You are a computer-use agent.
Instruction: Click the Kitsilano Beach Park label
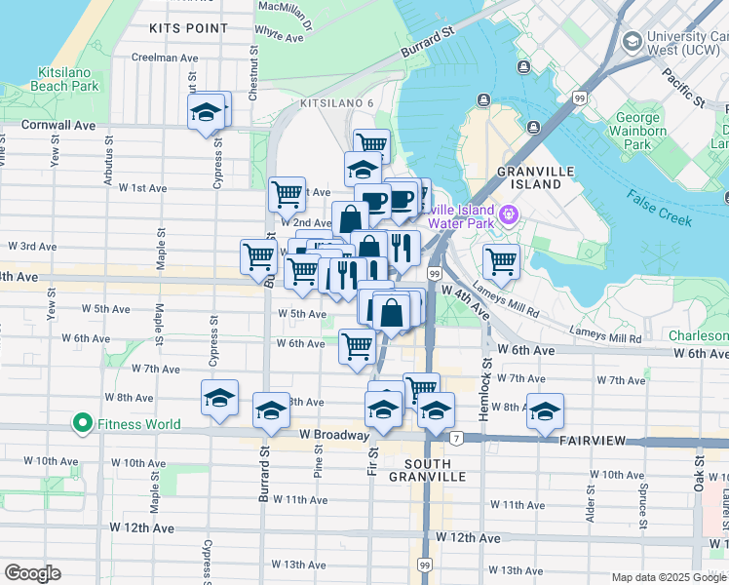[x=68, y=80]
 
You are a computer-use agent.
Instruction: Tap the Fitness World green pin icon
[x=83, y=424]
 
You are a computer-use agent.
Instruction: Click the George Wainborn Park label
[x=639, y=132]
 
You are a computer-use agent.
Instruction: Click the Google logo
[x=32, y=573]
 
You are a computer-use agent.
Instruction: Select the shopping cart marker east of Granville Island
[x=500, y=260]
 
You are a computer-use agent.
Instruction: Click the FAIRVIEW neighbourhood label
[x=592, y=441]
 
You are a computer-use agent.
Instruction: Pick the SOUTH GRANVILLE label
[x=427, y=470]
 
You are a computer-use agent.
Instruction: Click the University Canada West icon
[x=633, y=41]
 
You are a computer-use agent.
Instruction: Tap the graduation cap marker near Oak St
[x=545, y=410]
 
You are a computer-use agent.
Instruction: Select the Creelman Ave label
[x=167, y=58]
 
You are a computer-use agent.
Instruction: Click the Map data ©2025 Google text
[x=668, y=577]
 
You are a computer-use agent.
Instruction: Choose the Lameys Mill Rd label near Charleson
[x=606, y=338]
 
